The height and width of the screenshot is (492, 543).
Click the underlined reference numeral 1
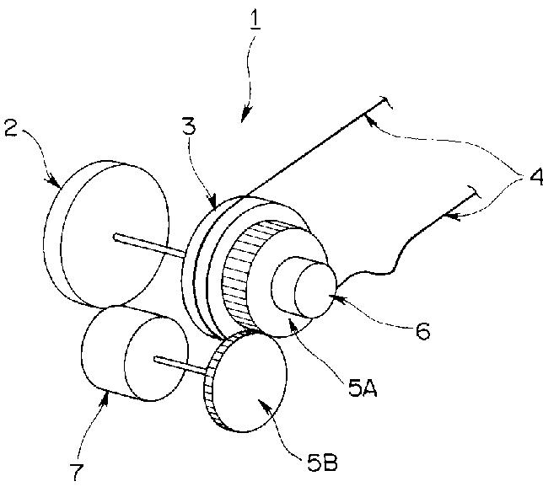[x=255, y=21]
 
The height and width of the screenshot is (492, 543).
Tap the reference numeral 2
[x=11, y=128]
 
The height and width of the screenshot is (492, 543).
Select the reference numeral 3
[x=189, y=126]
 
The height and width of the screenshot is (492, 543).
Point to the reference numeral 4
[x=536, y=177]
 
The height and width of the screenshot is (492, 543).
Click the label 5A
[x=363, y=388]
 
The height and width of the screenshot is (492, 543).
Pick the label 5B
[x=322, y=463]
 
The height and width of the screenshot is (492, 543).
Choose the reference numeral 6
[x=422, y=331]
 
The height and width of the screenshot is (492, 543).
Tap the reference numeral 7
[x=77, y=473]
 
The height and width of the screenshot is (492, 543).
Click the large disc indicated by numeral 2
[x=106, y=234]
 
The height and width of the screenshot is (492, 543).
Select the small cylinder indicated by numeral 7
[x=135, y=354]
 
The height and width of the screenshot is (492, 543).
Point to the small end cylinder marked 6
[x=304, y=287]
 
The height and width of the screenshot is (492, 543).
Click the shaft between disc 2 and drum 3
[x=149, y=246]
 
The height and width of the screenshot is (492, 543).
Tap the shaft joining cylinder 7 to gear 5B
[x=180, y=366]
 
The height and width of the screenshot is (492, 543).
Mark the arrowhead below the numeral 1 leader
[x=245, y=115]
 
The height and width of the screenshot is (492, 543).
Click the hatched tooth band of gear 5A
[x=243, y=273]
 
